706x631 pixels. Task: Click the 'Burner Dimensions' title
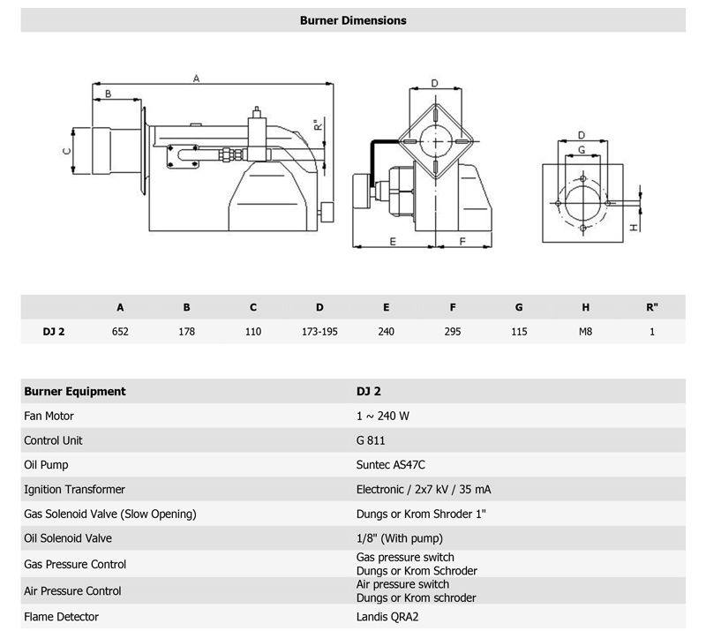click(x=353, y=20)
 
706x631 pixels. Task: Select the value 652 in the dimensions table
click(x=120, y=332)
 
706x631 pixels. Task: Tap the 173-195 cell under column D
click(x=319, y=332)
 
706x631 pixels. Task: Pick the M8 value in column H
click(x=585, y=332)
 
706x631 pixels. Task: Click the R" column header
click(x=652, y=307)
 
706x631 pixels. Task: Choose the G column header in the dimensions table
click(x=519, y=307)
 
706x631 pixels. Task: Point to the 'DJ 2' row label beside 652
click(x=54, y=332)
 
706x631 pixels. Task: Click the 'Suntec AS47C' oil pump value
click(x=390, y=465)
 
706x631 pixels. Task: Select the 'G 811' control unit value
click(x=371, y=440)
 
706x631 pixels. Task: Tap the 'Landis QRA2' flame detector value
click(x=387, y=617)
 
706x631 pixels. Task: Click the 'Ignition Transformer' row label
click(x=74, y=489)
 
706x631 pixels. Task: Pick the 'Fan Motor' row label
click(x=49, y=416)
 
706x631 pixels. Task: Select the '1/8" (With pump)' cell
click(x=400, y=538)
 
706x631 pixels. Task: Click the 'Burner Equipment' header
click(x=75, y=391)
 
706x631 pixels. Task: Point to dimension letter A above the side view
click(x=196, y=79)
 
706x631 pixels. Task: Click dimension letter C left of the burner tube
click(x=67, y=151)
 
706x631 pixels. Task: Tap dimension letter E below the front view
click(x=393, y=242)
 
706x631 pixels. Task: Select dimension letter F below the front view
click(x=462, y=242)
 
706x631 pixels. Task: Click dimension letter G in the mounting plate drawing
click(x=582, y=149)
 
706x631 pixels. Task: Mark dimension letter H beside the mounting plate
click(x=634, y=227)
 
